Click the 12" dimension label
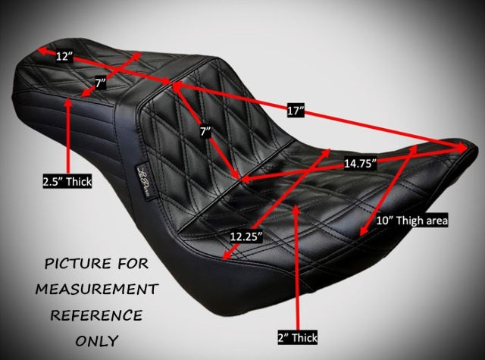(x=64, y=56)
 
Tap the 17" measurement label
(x=296, y=111)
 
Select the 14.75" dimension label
(x=360, y=163)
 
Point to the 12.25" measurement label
(x=246, y=237)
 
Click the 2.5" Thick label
(x=67, y=181)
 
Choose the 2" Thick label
(x=298, y=338)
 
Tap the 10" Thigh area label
(x=411, y=221)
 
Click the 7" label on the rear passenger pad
(x=100, y=83)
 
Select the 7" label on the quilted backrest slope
(x=205, y=132)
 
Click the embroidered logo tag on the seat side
(x=145, y=183)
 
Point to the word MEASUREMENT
(x=97, y=290)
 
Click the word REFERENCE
(x=96, y=315)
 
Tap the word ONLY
(x=97, y=341)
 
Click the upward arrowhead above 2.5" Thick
(x=69, y=103)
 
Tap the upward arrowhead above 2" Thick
(x=296, y=209)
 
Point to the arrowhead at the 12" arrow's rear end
(x=42, y=51)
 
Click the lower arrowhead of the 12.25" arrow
(x=227, y=254)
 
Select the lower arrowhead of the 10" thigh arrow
(x=364, y=230)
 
